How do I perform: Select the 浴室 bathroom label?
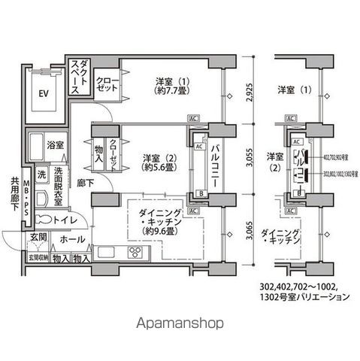(x=55, y=144)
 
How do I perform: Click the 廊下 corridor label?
(x=85, y=182)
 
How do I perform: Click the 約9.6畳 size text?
(x=162, y=232)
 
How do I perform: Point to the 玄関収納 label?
(x=38, y=257)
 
